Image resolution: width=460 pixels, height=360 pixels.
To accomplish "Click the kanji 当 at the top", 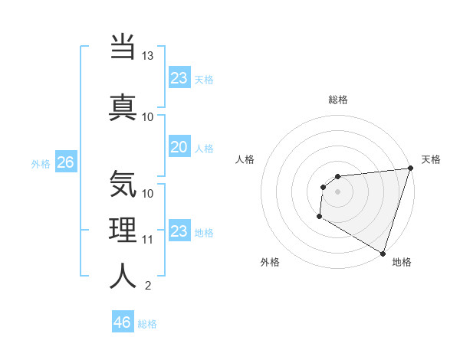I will click(123, 47).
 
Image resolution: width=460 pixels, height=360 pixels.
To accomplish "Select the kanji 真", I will click(123, 106).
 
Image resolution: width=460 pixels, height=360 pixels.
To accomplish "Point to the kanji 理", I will click(123, 230).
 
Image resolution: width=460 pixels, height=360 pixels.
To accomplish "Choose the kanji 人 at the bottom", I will click(123, 276).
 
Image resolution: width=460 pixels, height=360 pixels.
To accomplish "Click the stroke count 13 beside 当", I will click(148, 57).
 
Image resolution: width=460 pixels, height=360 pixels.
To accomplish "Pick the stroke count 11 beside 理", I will click(148, 240).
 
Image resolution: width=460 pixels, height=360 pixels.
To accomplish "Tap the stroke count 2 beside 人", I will click(148, 286).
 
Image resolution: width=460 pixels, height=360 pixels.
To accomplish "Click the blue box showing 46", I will click(123, 322).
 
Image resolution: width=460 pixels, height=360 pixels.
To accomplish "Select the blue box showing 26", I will click(65, 162).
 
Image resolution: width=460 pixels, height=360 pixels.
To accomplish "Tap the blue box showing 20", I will click(179, 147).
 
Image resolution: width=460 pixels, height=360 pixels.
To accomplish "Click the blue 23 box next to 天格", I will click(179, 78).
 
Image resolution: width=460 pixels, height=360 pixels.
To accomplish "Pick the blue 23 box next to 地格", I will click(179, 231).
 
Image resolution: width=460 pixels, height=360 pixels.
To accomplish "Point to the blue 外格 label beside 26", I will click(41, 163).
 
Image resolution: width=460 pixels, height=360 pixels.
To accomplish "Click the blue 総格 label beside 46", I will click(147, 323).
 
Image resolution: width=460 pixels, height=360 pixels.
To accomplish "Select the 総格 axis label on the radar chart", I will click(337, 100).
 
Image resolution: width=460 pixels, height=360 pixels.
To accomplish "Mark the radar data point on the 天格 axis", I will click(410, 169).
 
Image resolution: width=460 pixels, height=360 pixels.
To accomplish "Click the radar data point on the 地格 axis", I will click(383, 254).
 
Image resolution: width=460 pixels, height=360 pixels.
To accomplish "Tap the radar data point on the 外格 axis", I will click(319, 218).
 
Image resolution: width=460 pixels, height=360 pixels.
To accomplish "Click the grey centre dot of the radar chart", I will click(337, 191).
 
